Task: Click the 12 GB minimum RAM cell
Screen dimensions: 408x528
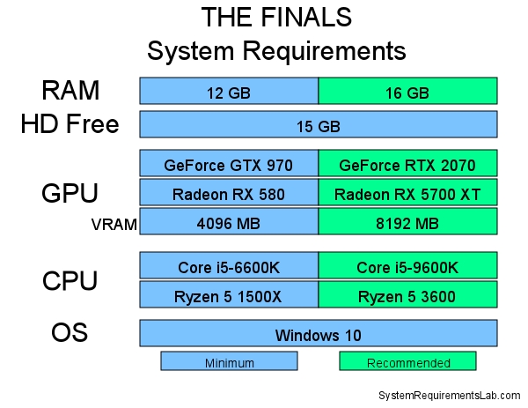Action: (x=229, y=91)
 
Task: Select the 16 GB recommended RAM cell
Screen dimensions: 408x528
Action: (x=407, y=91)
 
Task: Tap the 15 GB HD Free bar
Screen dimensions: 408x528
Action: (x=319, y=125)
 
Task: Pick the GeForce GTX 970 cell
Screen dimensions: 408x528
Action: (x=229, y=164)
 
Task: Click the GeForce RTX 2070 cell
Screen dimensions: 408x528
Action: (x=407, y=164)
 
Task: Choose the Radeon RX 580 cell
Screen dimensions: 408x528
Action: (x=229, y=193)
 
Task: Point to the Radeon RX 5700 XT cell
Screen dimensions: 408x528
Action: (x=407, y=193)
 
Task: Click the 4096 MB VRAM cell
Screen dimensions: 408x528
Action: (x=229, y=223)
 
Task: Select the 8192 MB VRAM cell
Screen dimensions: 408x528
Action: (x=407, y=223)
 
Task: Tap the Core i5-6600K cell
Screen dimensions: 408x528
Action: (x=229, y=266)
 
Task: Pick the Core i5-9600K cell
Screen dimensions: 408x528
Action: (x=407, y=266)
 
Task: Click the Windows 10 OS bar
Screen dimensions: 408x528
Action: (x=319, y=334)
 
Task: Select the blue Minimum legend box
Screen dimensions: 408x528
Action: (x=229, y=361)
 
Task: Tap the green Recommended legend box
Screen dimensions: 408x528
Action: (x=407, y=361)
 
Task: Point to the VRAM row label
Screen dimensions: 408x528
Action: (x=114, y=224)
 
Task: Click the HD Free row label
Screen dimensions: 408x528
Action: (x=70, y=124)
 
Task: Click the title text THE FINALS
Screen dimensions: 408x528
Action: (x=276, y=18)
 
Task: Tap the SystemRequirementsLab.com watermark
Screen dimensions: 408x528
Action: (x=449, y=396)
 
